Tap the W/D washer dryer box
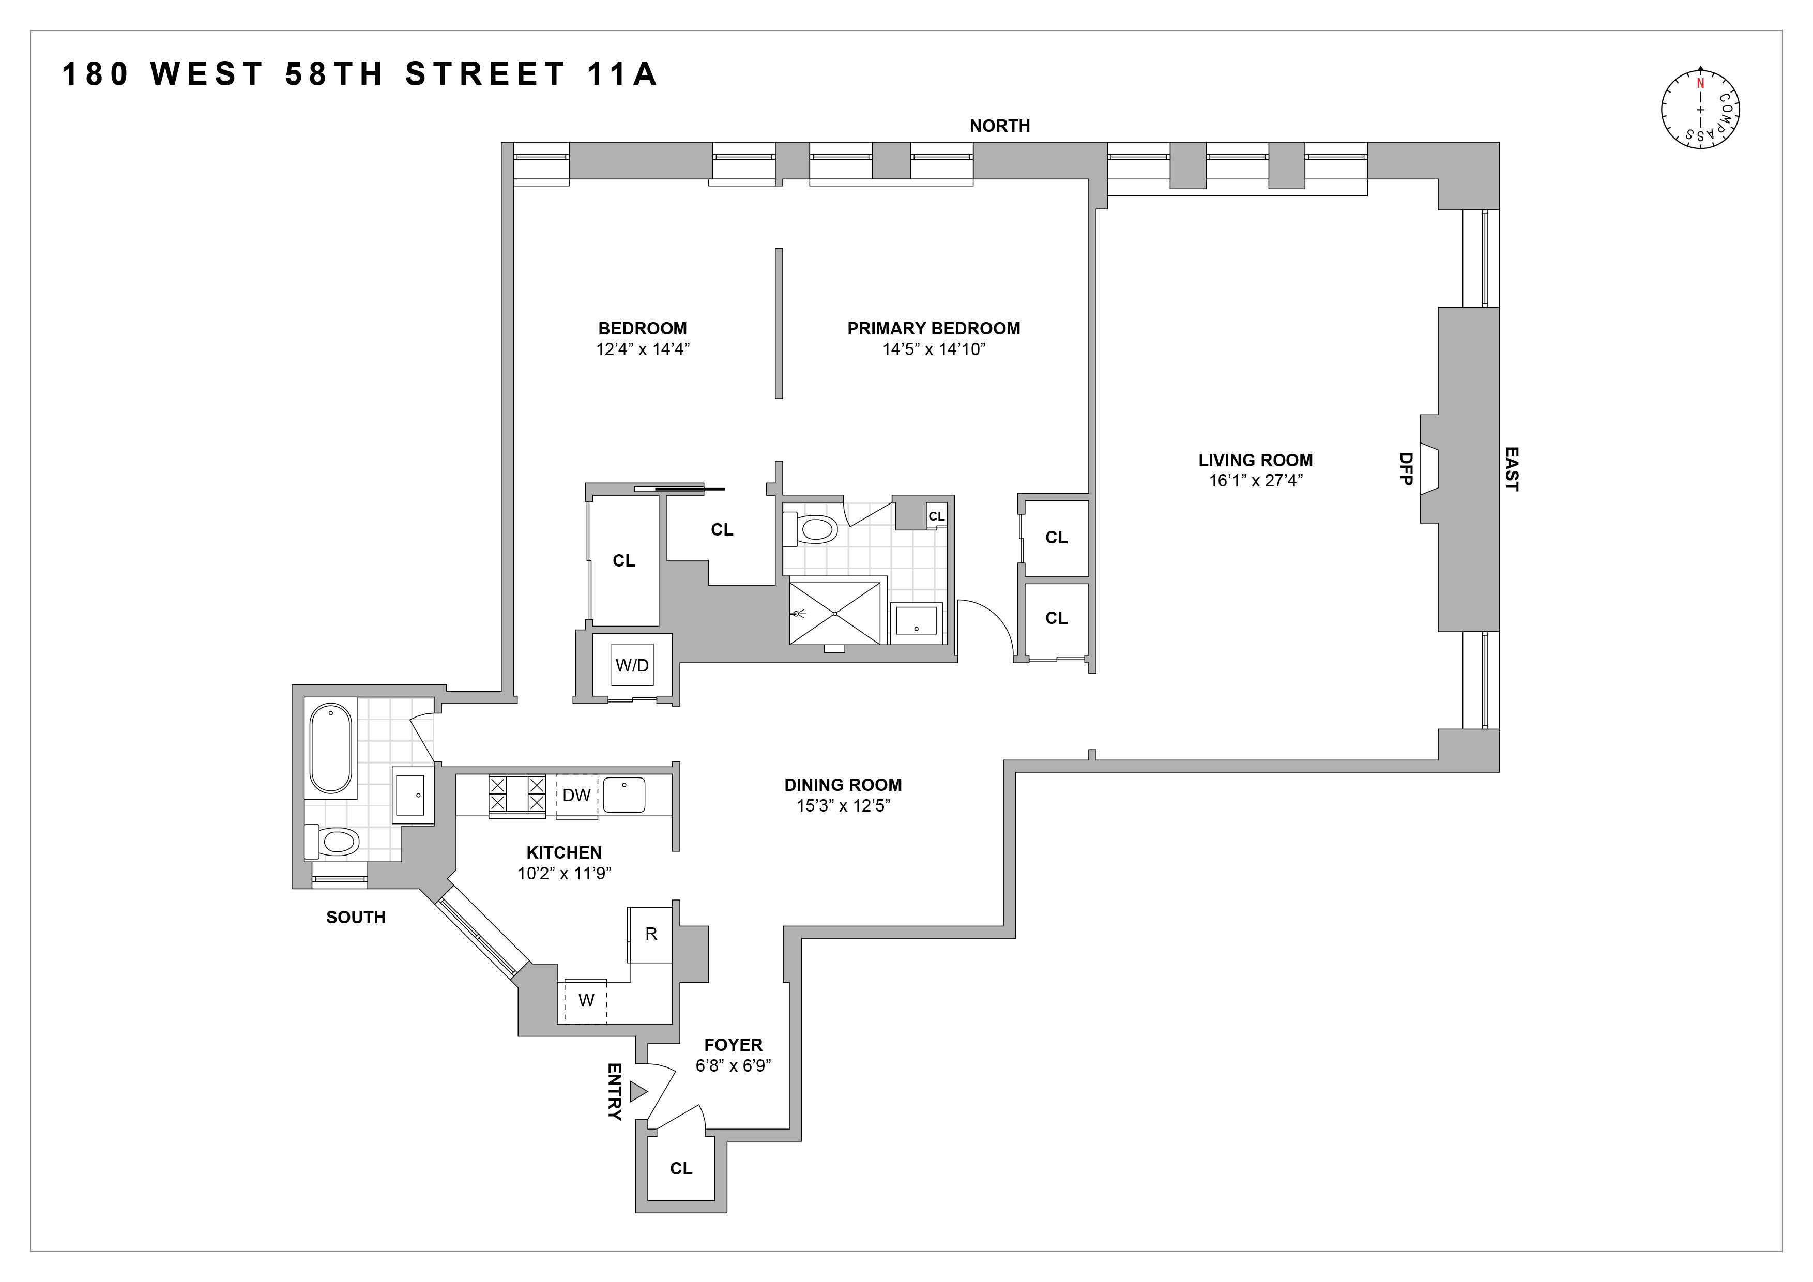[632, 665]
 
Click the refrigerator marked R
[651, 934]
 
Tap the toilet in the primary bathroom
[812, 529]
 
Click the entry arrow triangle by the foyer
[638, 1092]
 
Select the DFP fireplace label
[1406, 468]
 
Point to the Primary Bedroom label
[933, 328]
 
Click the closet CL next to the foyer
[681, 1168]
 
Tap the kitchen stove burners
[516, 794]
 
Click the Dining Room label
[843, 785]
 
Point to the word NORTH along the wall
[1000, 126]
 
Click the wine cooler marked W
[586, 1001]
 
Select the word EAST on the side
[1511, 469]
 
